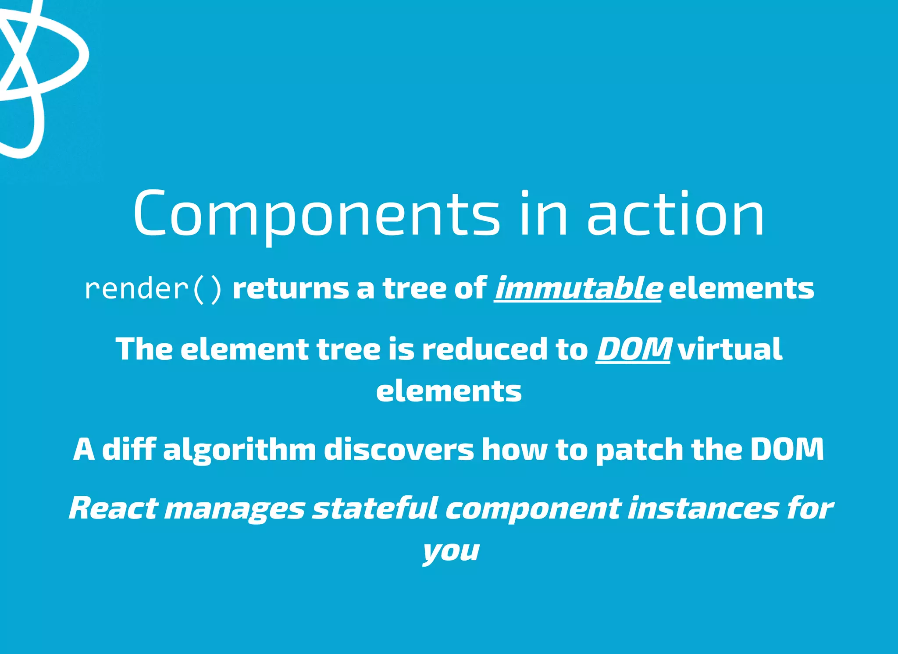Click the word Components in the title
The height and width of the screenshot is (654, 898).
pos(316,215)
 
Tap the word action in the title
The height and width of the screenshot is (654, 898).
pos(675,215)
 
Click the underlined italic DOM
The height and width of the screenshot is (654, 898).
pos(633,349)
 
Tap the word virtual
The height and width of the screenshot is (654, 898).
pos(730,349)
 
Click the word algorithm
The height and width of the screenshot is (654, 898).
pos(239,451)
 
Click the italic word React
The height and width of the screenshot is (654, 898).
pos(113,508)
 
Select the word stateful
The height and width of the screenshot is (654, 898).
pos(375,508)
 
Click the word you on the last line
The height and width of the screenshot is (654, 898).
pos(451,551)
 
